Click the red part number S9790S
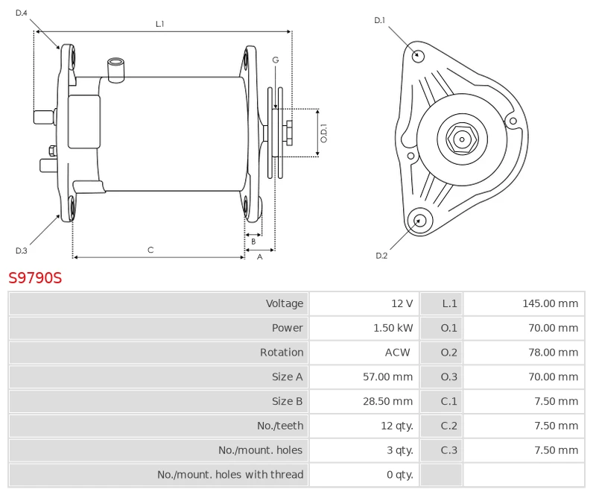(x=35, y=278)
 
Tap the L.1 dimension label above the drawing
(x=159, y=24)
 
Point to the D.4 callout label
(x=21, y=13)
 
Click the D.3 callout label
(x=21, y=250)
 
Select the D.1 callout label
(x=379, y=20)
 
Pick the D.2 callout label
(x=381, y=256)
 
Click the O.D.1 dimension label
(x=324, y=133)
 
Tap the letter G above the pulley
(x=275, y=60)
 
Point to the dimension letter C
(x=150, y=250)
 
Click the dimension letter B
(x=253, y=241)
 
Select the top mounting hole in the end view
(x=419, y=54)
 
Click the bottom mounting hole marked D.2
(x=419, y=219)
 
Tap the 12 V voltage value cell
(x=402, y=303)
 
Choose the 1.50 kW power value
(x=393, y=328)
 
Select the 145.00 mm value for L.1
(x=550, y=303)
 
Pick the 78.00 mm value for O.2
(x=553, y=353)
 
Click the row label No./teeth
(x=281, y=426)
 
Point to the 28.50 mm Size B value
(x=387, y=401)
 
